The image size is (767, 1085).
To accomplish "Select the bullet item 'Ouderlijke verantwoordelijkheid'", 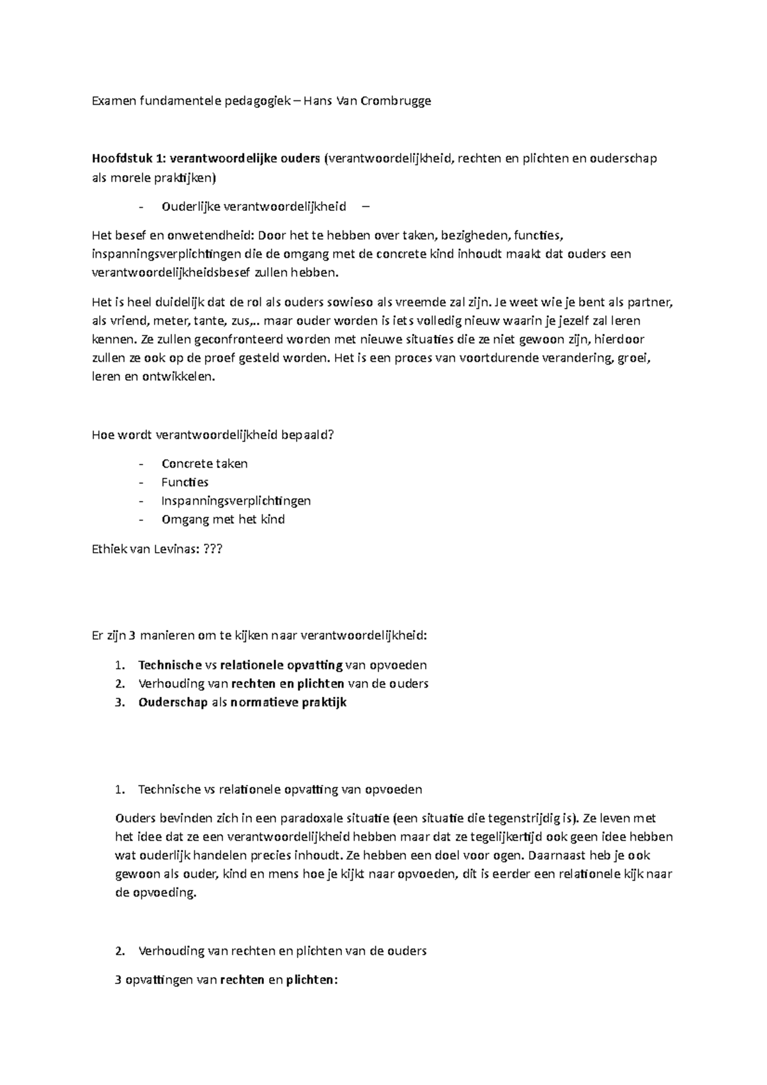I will (253, 206).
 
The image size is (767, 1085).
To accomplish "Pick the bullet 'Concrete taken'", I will (204, 464).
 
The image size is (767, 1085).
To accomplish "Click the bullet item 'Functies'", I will (185, 482).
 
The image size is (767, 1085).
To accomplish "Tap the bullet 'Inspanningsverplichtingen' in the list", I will (236, 501).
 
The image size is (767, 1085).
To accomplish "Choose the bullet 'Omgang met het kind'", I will (222, 519).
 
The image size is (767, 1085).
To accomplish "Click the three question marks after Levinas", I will (212, 548).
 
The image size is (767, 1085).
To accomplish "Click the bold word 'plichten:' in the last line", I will (311, 980).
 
